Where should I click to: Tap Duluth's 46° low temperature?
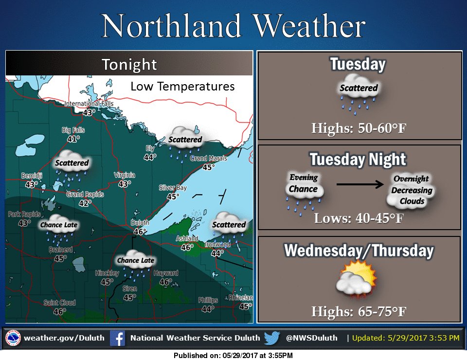click(x=140, y=232)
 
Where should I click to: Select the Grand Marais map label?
click(x=208, y=158)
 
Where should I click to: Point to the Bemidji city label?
click(x=32, y=176)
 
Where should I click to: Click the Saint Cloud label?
click(x=59, y=303)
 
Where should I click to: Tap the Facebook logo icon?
click(x=117, y=338)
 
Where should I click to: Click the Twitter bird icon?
click(x=271, y=338)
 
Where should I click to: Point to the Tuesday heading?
click(x=358, y=64)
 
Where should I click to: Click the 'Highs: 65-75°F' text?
click(x=359, y=310)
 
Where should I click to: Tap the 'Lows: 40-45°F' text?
click(x=359, y=217)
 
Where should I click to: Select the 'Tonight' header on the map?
click(x=129, y=65)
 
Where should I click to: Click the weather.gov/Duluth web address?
click(x=64, y=338)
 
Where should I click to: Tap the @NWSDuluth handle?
click(x=311, y=338)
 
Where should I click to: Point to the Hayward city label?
click(x=165, y=273)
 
